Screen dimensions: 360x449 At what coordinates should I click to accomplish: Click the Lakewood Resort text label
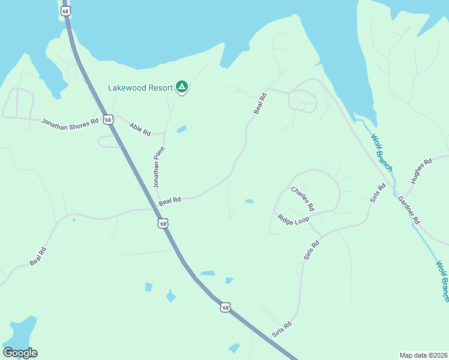pos(140,88)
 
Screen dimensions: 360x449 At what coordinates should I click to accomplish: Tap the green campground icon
pos(182,87)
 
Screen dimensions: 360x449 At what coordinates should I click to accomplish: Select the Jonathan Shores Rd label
pos(70,122)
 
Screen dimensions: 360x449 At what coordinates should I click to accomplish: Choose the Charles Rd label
pos(303,198)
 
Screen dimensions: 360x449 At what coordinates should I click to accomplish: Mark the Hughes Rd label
pos(421,171)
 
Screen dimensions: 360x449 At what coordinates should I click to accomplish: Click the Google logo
pos(20,353)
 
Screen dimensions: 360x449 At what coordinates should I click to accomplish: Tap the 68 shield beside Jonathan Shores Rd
pos(107,119)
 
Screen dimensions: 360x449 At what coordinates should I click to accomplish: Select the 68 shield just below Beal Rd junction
pos(163,223)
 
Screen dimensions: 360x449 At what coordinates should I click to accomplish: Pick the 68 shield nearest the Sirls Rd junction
pos(224,307)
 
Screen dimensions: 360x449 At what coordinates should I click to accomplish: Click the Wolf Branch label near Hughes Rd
pos(381,152)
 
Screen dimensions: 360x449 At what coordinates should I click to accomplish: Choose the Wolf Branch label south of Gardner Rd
pos(442,280)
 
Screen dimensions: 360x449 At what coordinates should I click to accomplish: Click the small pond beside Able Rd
pos(181,129)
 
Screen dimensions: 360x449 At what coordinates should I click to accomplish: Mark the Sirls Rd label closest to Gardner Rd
pos(377,193)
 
